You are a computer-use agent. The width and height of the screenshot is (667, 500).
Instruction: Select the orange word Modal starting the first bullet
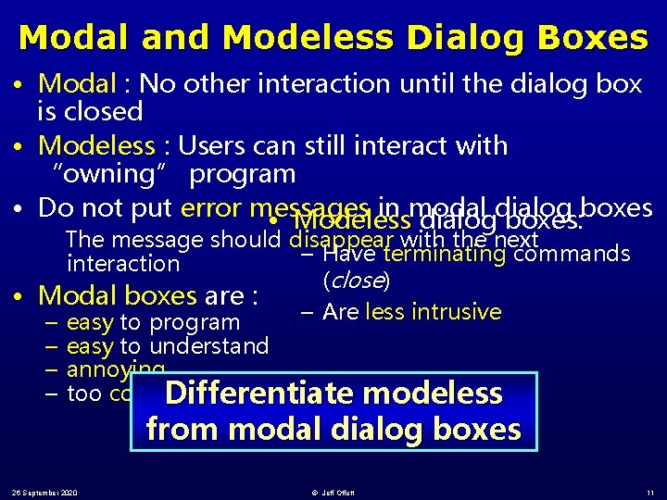78,84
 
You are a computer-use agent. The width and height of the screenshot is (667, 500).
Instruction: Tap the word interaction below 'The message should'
123,264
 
